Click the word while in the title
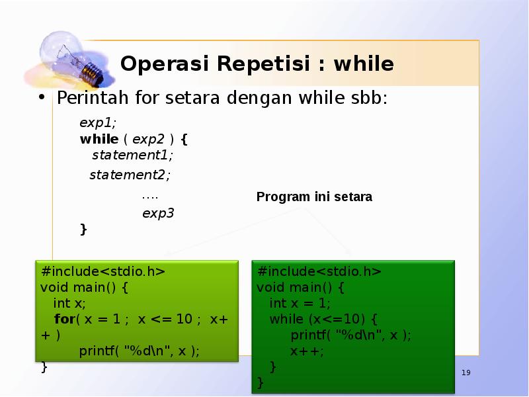pos(363,64)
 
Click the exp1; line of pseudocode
pos(97,122)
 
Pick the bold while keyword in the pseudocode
pos(99,139)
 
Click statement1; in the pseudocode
pos(132,155)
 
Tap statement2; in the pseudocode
pos(130,175)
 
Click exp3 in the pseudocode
pos(158,213)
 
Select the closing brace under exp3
pos(83,229)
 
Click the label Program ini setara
pos(314,197)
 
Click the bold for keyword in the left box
pos(64,319)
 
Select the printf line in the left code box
pos(139,351)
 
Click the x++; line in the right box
pos(307,351)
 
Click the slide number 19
pos(466,374)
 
